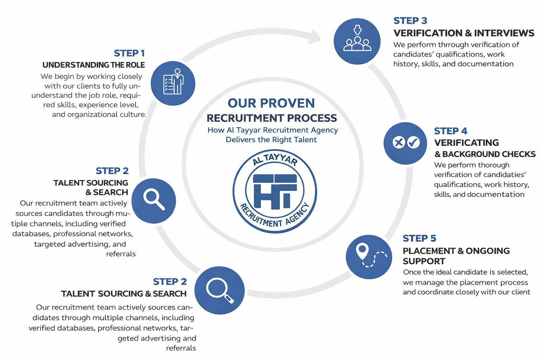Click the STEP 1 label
click(x=129, y=53)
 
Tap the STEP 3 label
click(x=410, y=21)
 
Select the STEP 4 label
click(x=450, y=131)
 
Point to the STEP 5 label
click(x=419, y=238)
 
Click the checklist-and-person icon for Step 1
click(x=173, y=82)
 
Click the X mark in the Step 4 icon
click(x=399, y=143)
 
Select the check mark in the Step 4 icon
click(x=413, y=143)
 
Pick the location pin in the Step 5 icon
click(x=362, y=251)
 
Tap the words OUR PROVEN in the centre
click(x=271, y=103)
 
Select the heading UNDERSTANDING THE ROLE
click(x=94, y=65)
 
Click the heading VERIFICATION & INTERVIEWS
click(x=463, y=33)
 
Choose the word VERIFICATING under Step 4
click(x=466, y=143)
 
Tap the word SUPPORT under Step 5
click(x=424, y=261)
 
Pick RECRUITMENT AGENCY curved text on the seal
click(x=274, y=218)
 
